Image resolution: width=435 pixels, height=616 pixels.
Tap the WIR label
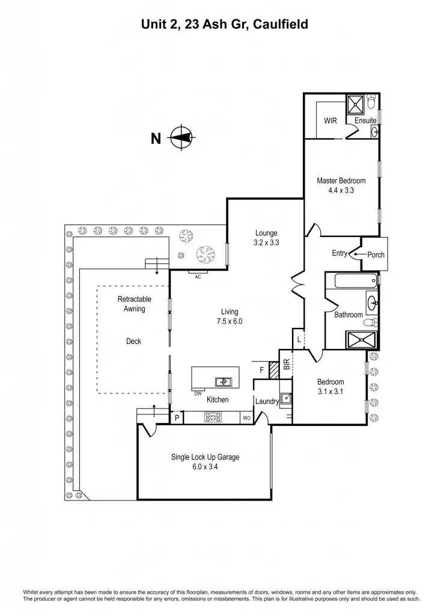pyautogui.click(x=330, y=121)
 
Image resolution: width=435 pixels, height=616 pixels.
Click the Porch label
pyautogui.click(x=376, y=254)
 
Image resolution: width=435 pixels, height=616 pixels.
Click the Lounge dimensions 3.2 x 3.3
pyautogui.click(x=266, y=243)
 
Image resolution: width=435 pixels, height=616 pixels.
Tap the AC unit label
pyautogui.click(x=198, y=277)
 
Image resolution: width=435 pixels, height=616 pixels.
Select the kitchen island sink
pyautogui.click(x=224, y=381)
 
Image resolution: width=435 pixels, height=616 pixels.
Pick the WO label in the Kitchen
pyautogui.click(x=246, y=417)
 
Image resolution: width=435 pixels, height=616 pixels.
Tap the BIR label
pyautogui.click(x=286, y=364)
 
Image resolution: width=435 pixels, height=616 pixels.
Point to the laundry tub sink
pyautogui.click(x=287, y=398)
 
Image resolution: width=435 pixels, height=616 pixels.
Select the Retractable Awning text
pyautogui.click(x=134, y=304)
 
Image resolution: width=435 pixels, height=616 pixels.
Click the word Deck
pyautogui.click(x=133, y=341)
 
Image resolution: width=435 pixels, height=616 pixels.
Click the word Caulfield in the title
pyautogui.click(x=281, y=25)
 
